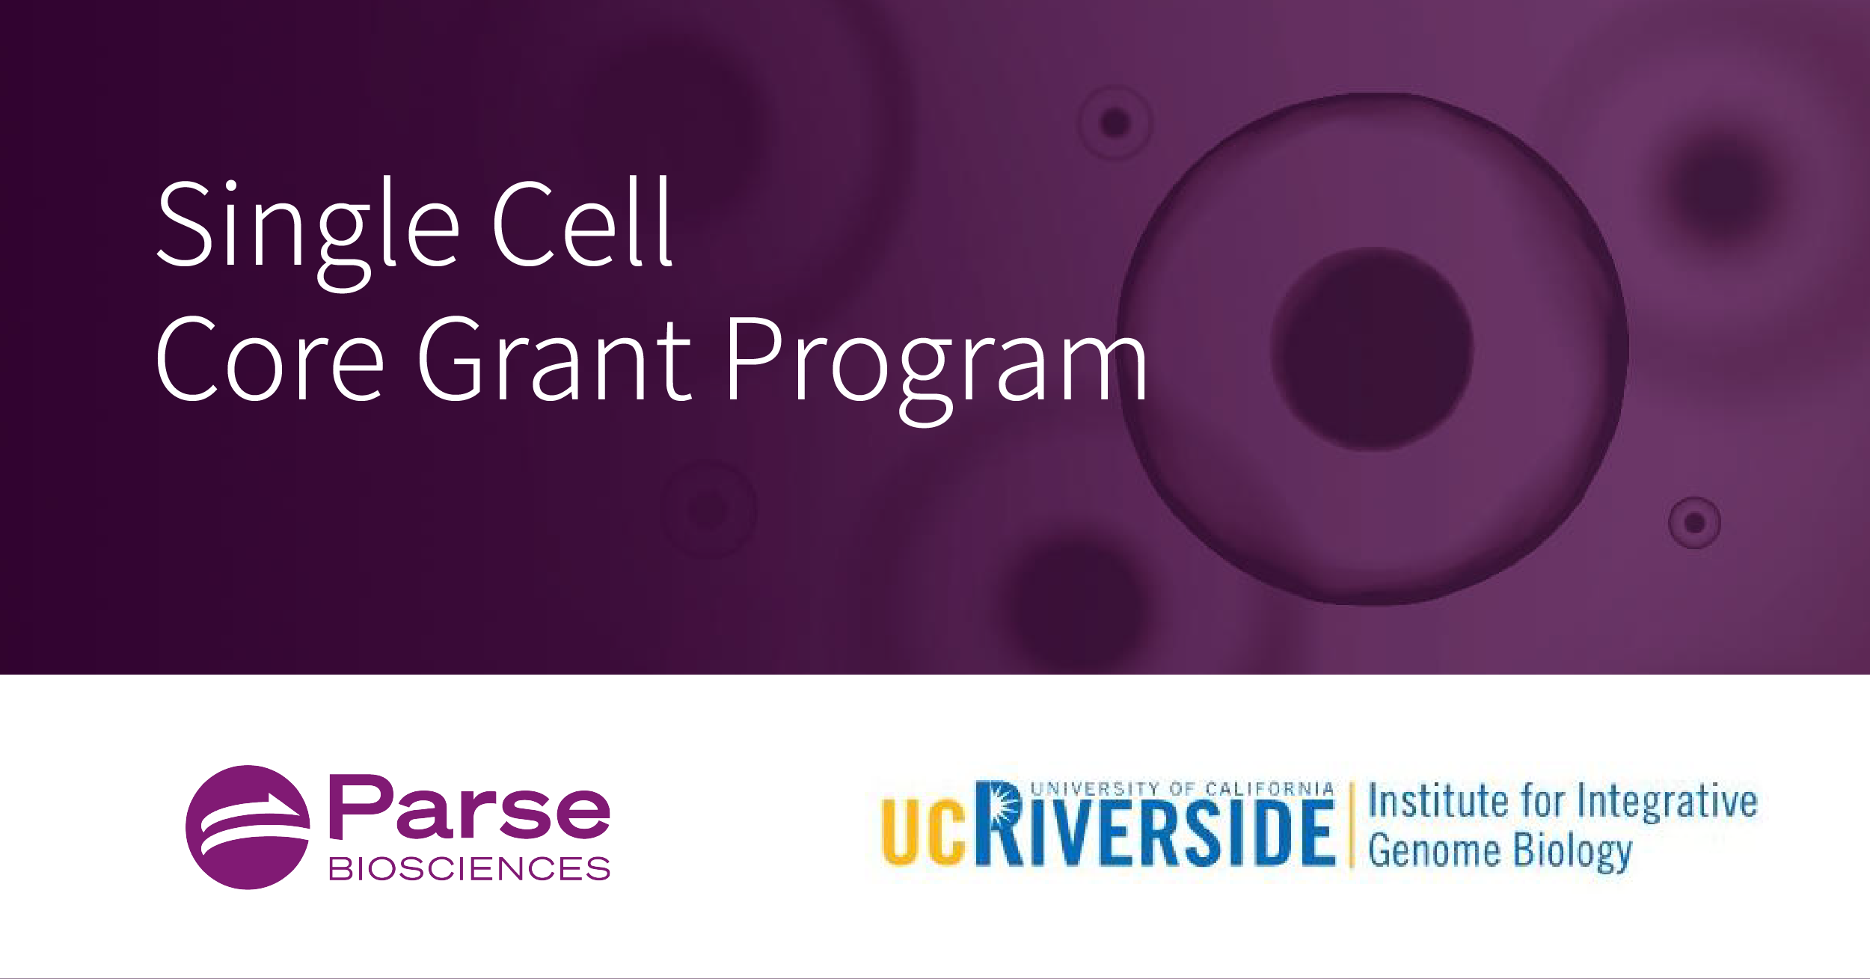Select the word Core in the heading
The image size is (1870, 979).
click(x=269, y=359)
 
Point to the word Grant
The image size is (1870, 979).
click(x=554, y=359)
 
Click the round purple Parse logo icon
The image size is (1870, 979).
click(x=248, y=827)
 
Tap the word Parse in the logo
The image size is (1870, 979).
click(x=469, y=807)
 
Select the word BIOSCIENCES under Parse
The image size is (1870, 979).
click(x=469, y=869)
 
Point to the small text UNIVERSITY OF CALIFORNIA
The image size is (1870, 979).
click(x=1182, y=789)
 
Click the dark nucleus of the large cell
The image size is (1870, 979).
click(x=1372, y=349)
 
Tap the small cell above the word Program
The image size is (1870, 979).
click(x=1115, y=122)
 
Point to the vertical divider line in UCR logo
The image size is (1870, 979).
click(x=1352, y=825)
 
